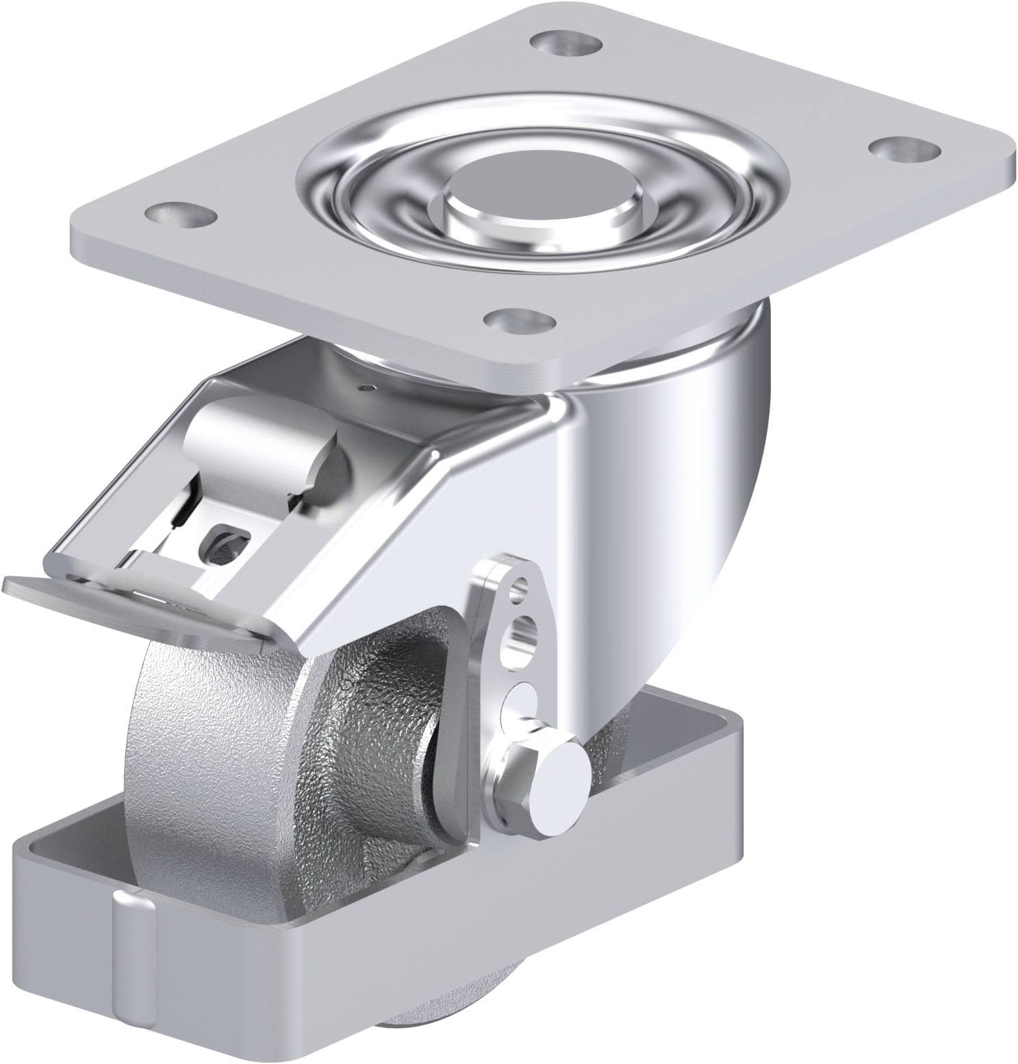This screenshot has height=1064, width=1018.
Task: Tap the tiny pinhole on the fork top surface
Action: click(x=369, y=389)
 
